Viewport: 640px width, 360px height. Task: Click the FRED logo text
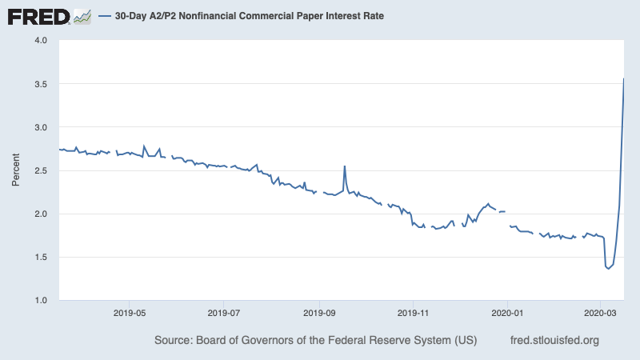tap(38, 15)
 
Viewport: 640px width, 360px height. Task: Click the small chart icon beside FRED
tap(82, 15)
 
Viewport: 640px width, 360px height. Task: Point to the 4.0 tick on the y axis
tap(41, 40)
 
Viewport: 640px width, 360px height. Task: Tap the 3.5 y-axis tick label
tap(41, 84)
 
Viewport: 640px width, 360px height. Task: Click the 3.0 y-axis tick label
tap(41, 127)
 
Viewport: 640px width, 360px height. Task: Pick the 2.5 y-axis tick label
tap(41, 170)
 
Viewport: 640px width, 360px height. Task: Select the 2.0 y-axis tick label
tap(41, 214)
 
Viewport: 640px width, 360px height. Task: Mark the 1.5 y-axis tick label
tap(41, 257)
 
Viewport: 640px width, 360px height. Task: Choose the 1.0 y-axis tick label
tap(41, 300)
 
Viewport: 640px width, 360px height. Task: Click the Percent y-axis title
tap(15, 170)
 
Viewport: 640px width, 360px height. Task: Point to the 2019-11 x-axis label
tap(414, 313)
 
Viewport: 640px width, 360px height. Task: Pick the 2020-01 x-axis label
tap(508, 313)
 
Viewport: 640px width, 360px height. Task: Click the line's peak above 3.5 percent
tap(624, 78)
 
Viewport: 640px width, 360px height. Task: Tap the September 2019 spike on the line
tap(345, 166)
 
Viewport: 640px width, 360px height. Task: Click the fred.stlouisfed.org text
tap(554, 341)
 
